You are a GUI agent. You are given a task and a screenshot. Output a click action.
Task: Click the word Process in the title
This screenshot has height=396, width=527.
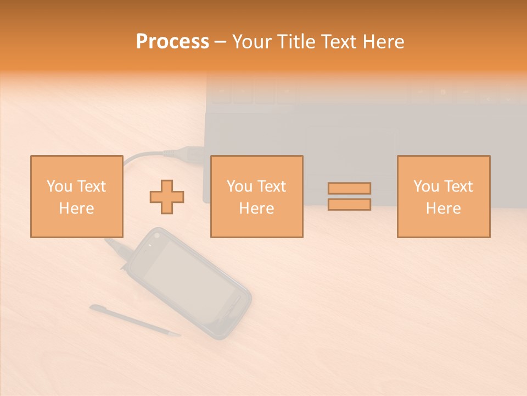[172, 42]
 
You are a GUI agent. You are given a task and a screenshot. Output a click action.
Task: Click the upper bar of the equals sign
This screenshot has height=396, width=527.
[349, 188]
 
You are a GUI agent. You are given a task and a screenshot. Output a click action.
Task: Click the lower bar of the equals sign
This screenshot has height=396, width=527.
[349, 205]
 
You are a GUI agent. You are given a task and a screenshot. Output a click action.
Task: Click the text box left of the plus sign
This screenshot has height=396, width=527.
[76, 197]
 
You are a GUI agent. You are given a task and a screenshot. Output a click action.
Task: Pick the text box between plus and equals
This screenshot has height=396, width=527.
[256, 197]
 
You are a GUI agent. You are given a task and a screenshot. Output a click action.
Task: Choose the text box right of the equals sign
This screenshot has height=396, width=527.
[443, 197]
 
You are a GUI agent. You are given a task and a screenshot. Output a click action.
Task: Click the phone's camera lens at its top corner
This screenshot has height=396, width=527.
[157, 235]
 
